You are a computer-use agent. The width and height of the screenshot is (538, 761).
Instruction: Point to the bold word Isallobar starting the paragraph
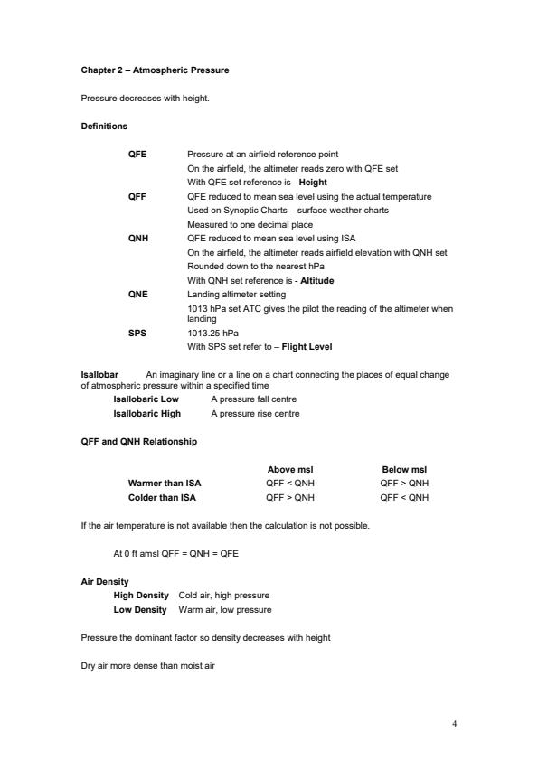(99, 374)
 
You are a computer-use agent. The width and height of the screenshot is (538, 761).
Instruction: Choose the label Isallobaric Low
(146, 399)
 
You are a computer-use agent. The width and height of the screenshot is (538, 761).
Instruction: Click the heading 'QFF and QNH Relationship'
(139, 441)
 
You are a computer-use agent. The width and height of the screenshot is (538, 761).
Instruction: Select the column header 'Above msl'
(290, 469)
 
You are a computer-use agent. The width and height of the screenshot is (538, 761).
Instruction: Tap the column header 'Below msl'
(404, 469)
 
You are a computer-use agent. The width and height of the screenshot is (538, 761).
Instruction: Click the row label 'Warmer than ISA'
(165, 483)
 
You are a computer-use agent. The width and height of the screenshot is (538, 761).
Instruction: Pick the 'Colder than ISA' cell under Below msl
(404, 496)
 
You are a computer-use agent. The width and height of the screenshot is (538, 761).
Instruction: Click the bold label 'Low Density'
(140, 610)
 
